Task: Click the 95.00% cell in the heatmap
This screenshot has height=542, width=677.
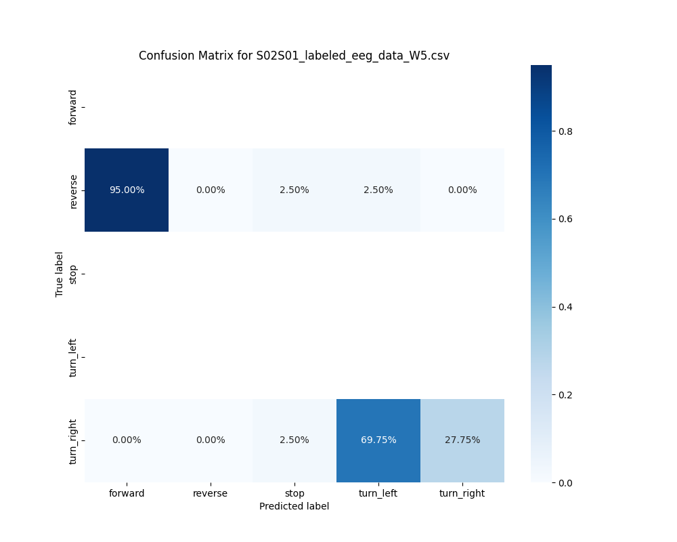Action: click(127, 190)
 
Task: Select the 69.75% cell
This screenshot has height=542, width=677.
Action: click(378, 440)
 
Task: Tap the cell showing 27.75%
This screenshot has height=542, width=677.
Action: click(462, 440)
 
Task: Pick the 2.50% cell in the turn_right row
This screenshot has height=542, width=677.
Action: click(294, 440)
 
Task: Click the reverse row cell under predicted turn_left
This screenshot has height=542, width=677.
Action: click(378, 190)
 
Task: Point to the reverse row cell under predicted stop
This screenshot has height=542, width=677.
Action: click(294, 190)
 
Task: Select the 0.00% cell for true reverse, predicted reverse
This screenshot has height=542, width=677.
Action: click(211, 190)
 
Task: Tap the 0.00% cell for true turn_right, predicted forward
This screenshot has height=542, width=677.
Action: click(127, 440)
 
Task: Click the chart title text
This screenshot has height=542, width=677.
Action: click(294, 56)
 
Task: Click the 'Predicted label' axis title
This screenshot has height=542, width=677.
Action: click(294, 506)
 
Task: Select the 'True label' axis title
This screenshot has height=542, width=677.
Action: click(60, 274)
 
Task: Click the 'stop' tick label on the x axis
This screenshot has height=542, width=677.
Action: click(294, 493)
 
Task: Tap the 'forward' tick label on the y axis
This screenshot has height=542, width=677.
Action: click(73, 107)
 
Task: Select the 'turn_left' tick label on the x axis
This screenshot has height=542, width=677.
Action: click(378, 493)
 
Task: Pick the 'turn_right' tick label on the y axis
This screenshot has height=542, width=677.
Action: click(73, 441)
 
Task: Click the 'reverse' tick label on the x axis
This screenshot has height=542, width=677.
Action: click(211, 493)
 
